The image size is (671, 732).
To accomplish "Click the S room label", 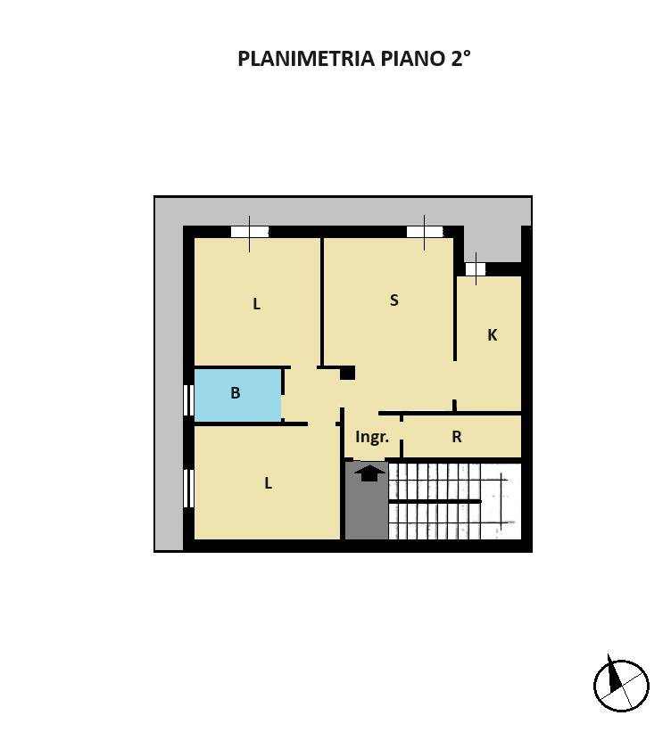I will click(393, 300).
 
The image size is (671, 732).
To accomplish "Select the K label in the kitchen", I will click(492, 335).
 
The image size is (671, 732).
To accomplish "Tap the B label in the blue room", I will click(236, 392).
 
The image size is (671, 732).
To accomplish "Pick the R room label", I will click(457, 437).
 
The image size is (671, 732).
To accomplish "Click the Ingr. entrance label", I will click(372, 437).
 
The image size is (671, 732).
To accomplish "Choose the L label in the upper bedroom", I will click(256, 304).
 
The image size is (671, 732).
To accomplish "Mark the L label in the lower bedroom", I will click(268, 483).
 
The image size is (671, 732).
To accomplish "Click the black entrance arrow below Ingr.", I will click(366, 472).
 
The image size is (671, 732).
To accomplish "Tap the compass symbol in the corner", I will click(621, 684).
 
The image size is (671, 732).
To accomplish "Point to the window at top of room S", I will click(425, 233).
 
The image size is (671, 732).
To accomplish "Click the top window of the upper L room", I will click(249, 233).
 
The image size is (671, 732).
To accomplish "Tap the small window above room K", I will click(476, 268).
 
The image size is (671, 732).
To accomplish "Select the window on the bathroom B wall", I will click(188, 399).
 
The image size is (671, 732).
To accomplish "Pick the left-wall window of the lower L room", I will click(188, 488).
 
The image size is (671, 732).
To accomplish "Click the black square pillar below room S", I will click(347, 373).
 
